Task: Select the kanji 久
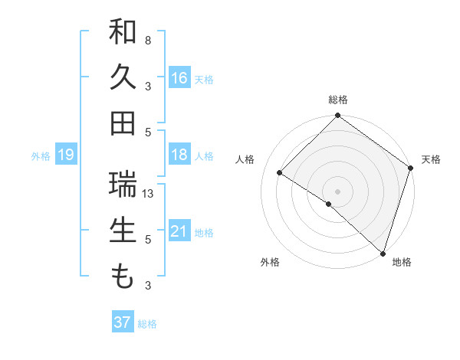pyautogui.click(x=123, y=78)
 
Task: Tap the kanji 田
pyautogui.click(x=123, y=123)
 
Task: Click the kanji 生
pyautogui.click(x=123, y=231)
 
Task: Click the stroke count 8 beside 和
pyautogui.click(x=148, y=40)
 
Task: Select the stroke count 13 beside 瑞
pyautogui.click(x=148, y=193)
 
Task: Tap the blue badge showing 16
pyautogui.click(x=179, y=78)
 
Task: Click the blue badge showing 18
pyautogui.click(x=179, y=155)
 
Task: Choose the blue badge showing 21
pyautogui.click(x=179, y=231)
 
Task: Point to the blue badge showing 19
pyautogui.click(x=65, y=155)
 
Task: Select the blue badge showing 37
pyautogui.click(x=122, y=322)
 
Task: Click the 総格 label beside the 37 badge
pyautogui.click(x=147, y=324)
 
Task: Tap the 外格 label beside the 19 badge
pyautogui.click(x=41, y=156)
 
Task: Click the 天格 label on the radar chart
pyautogui.click(x=431, y=159)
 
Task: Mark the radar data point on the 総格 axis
pyautogui.click(x=337, y=116)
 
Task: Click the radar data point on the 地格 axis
pyautogui.click(x=383, y=253)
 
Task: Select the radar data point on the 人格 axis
pyautogui.click(x=280, y=173)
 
